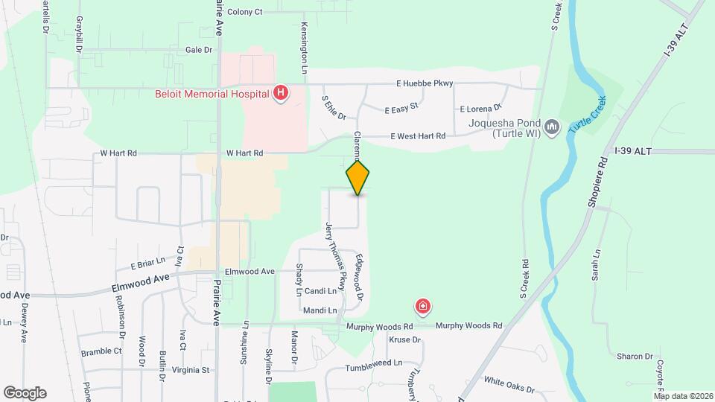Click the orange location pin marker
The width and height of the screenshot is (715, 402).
(x=358, y=178)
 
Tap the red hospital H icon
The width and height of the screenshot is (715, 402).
(x=281, y=93)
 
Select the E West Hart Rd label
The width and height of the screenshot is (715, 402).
(x=418, y=136)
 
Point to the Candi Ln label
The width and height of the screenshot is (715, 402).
(x=320, y=290)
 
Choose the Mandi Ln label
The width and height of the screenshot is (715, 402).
(x=320, y=310)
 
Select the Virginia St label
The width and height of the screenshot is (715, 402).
(x=191, y=369)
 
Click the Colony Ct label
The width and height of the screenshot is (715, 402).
(x=245, y=12)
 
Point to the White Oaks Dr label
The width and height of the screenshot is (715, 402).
(x=509, y=386)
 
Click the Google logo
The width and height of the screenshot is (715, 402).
(x=25, y=393)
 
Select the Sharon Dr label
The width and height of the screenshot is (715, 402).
(x=634, y=357)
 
